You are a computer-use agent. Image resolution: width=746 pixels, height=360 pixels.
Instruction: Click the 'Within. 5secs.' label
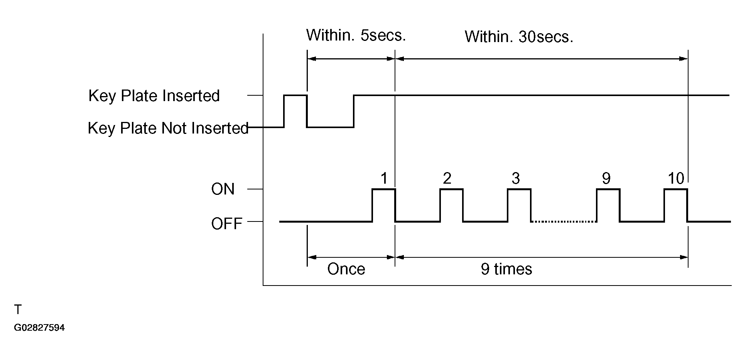(356, 35)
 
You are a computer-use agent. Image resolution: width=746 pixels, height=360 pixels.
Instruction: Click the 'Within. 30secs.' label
(519, 37)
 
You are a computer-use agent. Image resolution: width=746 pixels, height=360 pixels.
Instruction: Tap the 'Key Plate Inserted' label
(154, 96)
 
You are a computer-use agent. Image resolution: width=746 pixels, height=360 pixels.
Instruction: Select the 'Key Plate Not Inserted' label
(168, 128)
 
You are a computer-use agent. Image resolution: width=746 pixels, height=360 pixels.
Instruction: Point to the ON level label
(223, 189)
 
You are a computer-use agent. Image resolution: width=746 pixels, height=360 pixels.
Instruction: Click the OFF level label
(227, 224)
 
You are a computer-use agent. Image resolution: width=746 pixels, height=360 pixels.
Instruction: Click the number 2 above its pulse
(447, 178)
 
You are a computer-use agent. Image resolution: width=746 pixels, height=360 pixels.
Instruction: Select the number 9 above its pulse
(606, 178)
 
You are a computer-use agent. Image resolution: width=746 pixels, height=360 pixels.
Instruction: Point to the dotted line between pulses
(564, 221)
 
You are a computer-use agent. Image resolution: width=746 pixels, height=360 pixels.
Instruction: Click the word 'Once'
(346, 269)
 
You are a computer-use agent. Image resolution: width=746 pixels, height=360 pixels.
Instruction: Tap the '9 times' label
(506, 269)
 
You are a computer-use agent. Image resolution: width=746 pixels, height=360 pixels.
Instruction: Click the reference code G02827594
(39, 328)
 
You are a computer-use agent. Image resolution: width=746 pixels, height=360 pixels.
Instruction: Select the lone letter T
(18, 309)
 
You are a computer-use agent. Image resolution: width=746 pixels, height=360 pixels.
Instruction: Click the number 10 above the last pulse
(676, 178)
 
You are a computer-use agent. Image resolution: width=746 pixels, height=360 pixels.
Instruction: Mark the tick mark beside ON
(255, 189)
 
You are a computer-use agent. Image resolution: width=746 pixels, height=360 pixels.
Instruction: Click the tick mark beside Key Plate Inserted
(255, 95)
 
